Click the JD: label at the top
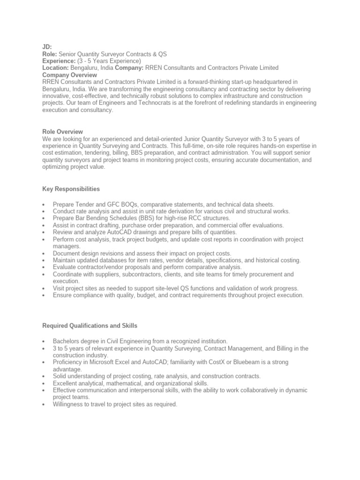47,47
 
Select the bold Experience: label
58,61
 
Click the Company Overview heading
70,75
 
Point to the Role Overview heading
62,132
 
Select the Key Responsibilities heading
71,189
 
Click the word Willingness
69,405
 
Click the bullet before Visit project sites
43,289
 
